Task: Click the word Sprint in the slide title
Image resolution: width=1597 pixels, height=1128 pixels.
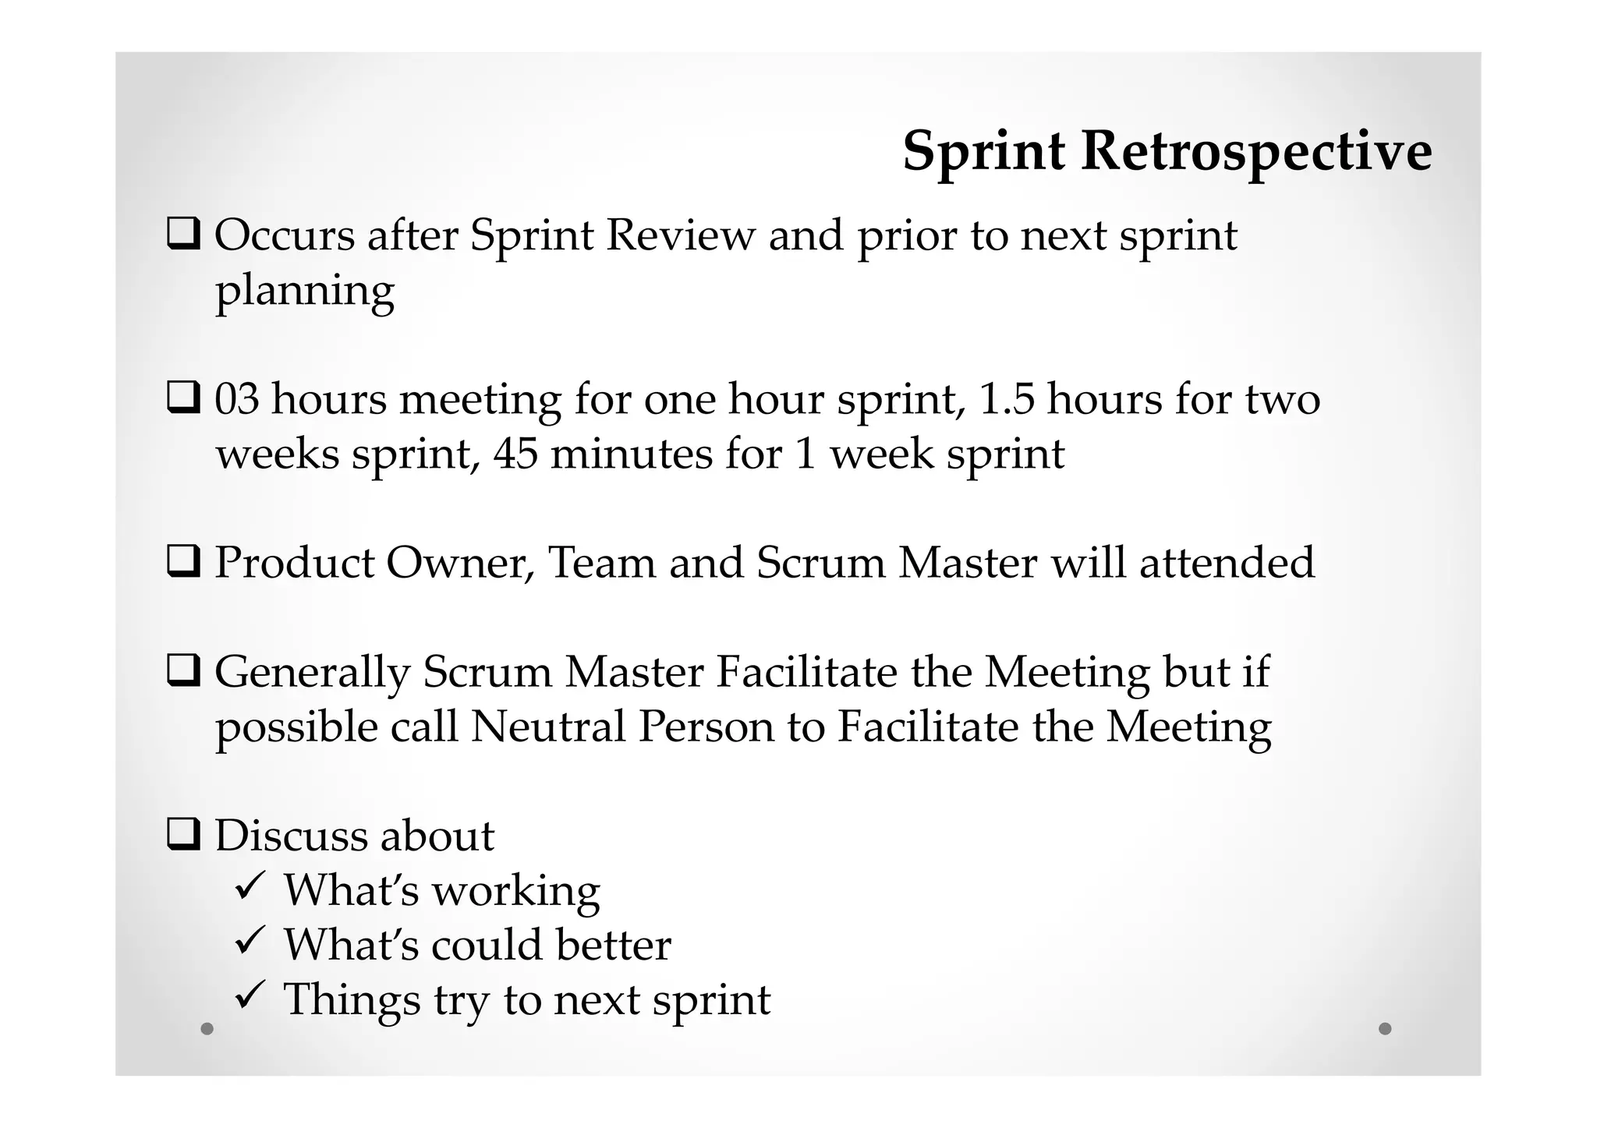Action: [983, 151]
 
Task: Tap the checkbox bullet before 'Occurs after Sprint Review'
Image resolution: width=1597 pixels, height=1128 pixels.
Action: [184, 234]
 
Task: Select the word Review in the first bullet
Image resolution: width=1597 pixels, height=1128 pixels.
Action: [680, 235]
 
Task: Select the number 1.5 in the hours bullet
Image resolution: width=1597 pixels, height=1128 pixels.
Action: [1006, 399]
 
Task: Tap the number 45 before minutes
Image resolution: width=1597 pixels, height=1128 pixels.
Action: [515, 454]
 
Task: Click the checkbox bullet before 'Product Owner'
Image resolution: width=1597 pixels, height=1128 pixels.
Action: [184, 561]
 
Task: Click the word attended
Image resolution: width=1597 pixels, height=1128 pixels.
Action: [1227, 563]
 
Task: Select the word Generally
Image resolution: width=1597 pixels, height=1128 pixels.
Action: [312, 674]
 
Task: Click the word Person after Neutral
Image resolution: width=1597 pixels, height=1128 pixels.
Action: [706, 727]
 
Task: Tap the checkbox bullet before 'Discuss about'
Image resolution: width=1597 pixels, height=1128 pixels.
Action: [184, 835]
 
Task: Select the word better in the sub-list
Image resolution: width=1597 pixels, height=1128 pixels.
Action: [613, 945]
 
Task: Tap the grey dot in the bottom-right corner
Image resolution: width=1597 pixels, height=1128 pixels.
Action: [1385, 1028]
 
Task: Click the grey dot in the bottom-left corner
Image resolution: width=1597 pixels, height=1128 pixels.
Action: [207, 1028]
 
